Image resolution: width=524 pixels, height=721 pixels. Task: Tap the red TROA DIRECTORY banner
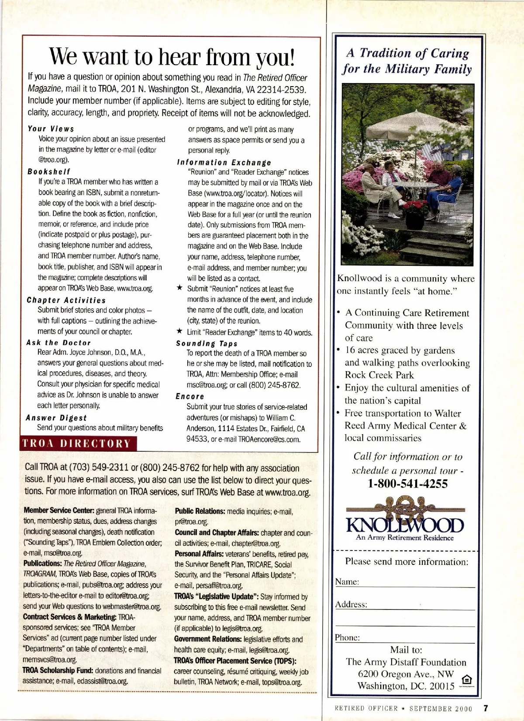coord(77,443)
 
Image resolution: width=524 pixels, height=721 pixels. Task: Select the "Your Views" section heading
coord(51,129)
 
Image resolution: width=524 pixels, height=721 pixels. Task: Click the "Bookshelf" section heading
coord(48,172)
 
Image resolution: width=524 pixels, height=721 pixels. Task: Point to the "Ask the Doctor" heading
coord(59,343)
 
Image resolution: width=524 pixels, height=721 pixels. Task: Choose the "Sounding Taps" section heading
coord(207,344)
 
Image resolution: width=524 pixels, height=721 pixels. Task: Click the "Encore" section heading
coord(190,397)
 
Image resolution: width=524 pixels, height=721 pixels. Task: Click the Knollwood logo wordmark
coord(405,525)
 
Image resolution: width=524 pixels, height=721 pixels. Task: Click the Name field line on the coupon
coord(417,586)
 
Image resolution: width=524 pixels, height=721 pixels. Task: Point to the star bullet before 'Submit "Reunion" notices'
coord(179,289)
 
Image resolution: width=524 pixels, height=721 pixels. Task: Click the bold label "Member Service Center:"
coord(59,510)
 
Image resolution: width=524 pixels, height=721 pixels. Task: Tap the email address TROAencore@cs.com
coord(269,439)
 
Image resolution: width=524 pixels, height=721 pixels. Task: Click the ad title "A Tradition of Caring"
coord(407,53)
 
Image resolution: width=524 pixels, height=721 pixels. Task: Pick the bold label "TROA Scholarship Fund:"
coord(58,671)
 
